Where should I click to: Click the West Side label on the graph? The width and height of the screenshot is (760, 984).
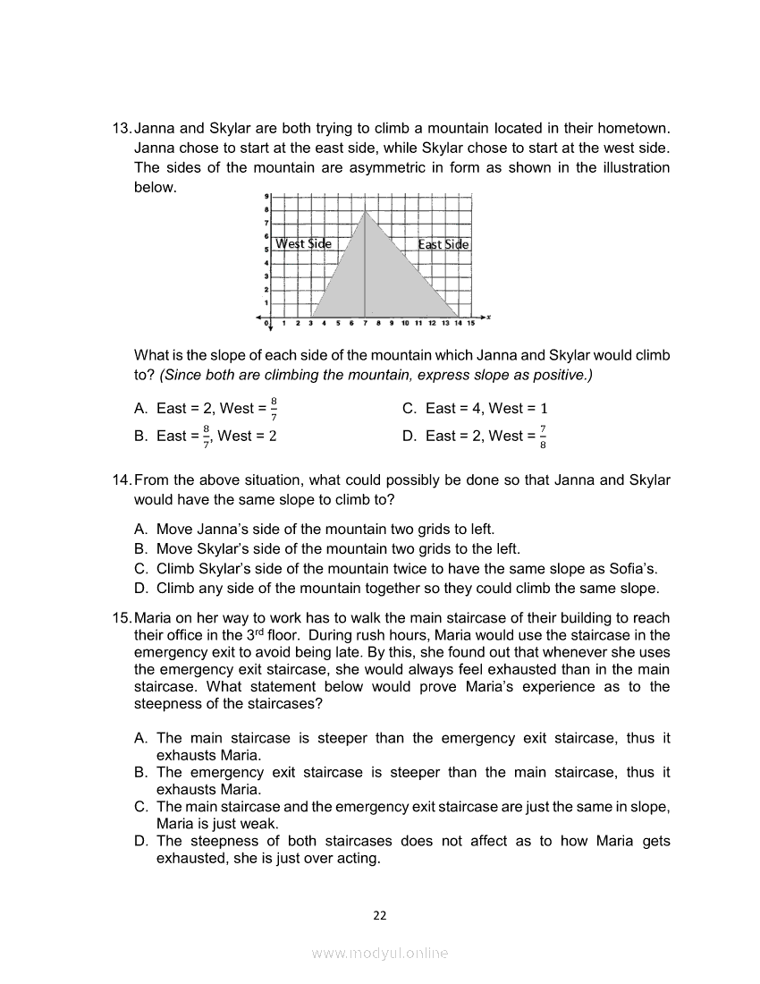tap(303, 243)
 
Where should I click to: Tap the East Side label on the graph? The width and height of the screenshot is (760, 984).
tap(443, 244)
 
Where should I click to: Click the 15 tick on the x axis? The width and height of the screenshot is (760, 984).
tap(470, 323)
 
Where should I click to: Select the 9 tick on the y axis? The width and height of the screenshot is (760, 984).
tap(266, 196)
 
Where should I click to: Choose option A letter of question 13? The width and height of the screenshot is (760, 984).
tap(140, 409)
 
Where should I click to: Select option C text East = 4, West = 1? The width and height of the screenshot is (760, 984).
tap(487, 409)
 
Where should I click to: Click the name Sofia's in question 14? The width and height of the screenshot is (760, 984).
tap(634, 568)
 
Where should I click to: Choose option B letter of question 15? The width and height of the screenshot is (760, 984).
tap(140, 773)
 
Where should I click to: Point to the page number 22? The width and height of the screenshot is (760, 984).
tap(380, 914)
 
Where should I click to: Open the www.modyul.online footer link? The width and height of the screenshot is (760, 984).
tap(380, 954)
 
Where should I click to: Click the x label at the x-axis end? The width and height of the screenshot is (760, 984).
tap(488, 318)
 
